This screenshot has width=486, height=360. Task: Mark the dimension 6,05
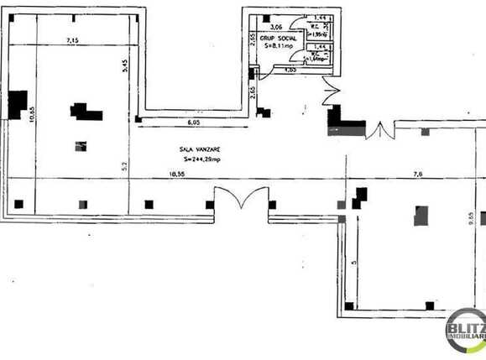194,123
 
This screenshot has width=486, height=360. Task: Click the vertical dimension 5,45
123,67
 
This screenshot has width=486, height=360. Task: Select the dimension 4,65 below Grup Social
290,70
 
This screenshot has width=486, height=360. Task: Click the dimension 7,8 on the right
417,175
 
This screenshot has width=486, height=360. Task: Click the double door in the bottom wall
238,203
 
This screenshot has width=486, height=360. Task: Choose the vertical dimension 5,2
123,165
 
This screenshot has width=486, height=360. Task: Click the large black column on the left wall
17,105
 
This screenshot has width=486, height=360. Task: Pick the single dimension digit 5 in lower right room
353,263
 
